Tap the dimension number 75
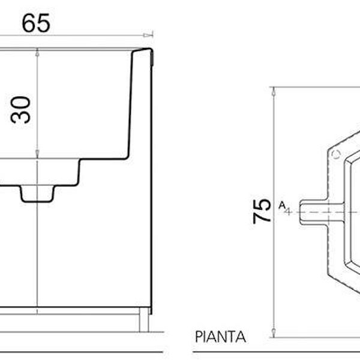point(262,211)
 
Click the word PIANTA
point(220,337)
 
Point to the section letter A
point(281,205)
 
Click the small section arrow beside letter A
point(287,211)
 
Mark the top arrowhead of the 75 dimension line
point(274,90)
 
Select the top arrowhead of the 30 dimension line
point(38,52)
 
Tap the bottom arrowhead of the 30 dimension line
point(38,155)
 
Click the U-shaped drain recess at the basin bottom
point(37,193)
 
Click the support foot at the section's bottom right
point(144,321)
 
